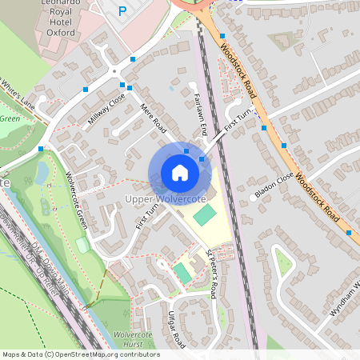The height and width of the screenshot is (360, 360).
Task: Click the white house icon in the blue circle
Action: coord(180,173)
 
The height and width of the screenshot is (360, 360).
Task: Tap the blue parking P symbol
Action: coord(122,11)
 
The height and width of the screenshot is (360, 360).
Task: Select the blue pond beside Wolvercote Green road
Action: coord(42,172)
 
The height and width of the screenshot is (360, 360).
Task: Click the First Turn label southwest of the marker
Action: coord(150,214)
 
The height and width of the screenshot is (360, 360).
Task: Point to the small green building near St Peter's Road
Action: coord(183,272)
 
